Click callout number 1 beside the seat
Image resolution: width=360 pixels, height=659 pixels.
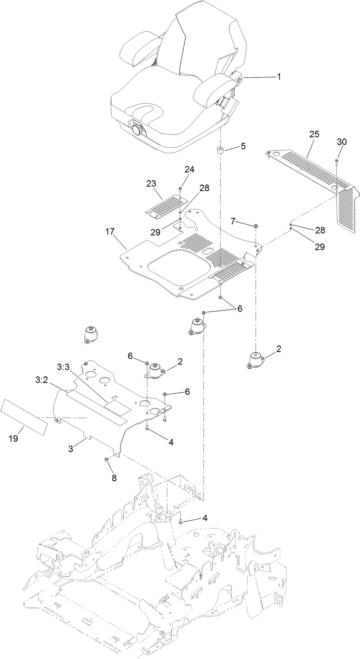coord(279,76)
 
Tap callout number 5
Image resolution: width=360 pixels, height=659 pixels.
coord(243,147)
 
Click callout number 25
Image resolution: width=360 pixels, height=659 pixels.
coord(314,134)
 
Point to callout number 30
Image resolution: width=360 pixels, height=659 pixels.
coord(342,142)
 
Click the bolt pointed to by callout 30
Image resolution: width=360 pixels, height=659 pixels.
coord(336,161)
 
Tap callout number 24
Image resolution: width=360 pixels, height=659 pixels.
coord(189,170)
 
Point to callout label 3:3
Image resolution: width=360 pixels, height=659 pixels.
coord(63,367)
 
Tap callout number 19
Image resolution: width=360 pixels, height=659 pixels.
coord(13,439)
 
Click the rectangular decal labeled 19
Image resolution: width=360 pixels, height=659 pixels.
coord(24,417)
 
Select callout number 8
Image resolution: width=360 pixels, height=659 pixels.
coord(114,478)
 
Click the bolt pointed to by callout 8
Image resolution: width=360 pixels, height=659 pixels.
coord(106,460)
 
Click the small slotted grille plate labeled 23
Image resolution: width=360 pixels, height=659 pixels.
coord(164,205)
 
